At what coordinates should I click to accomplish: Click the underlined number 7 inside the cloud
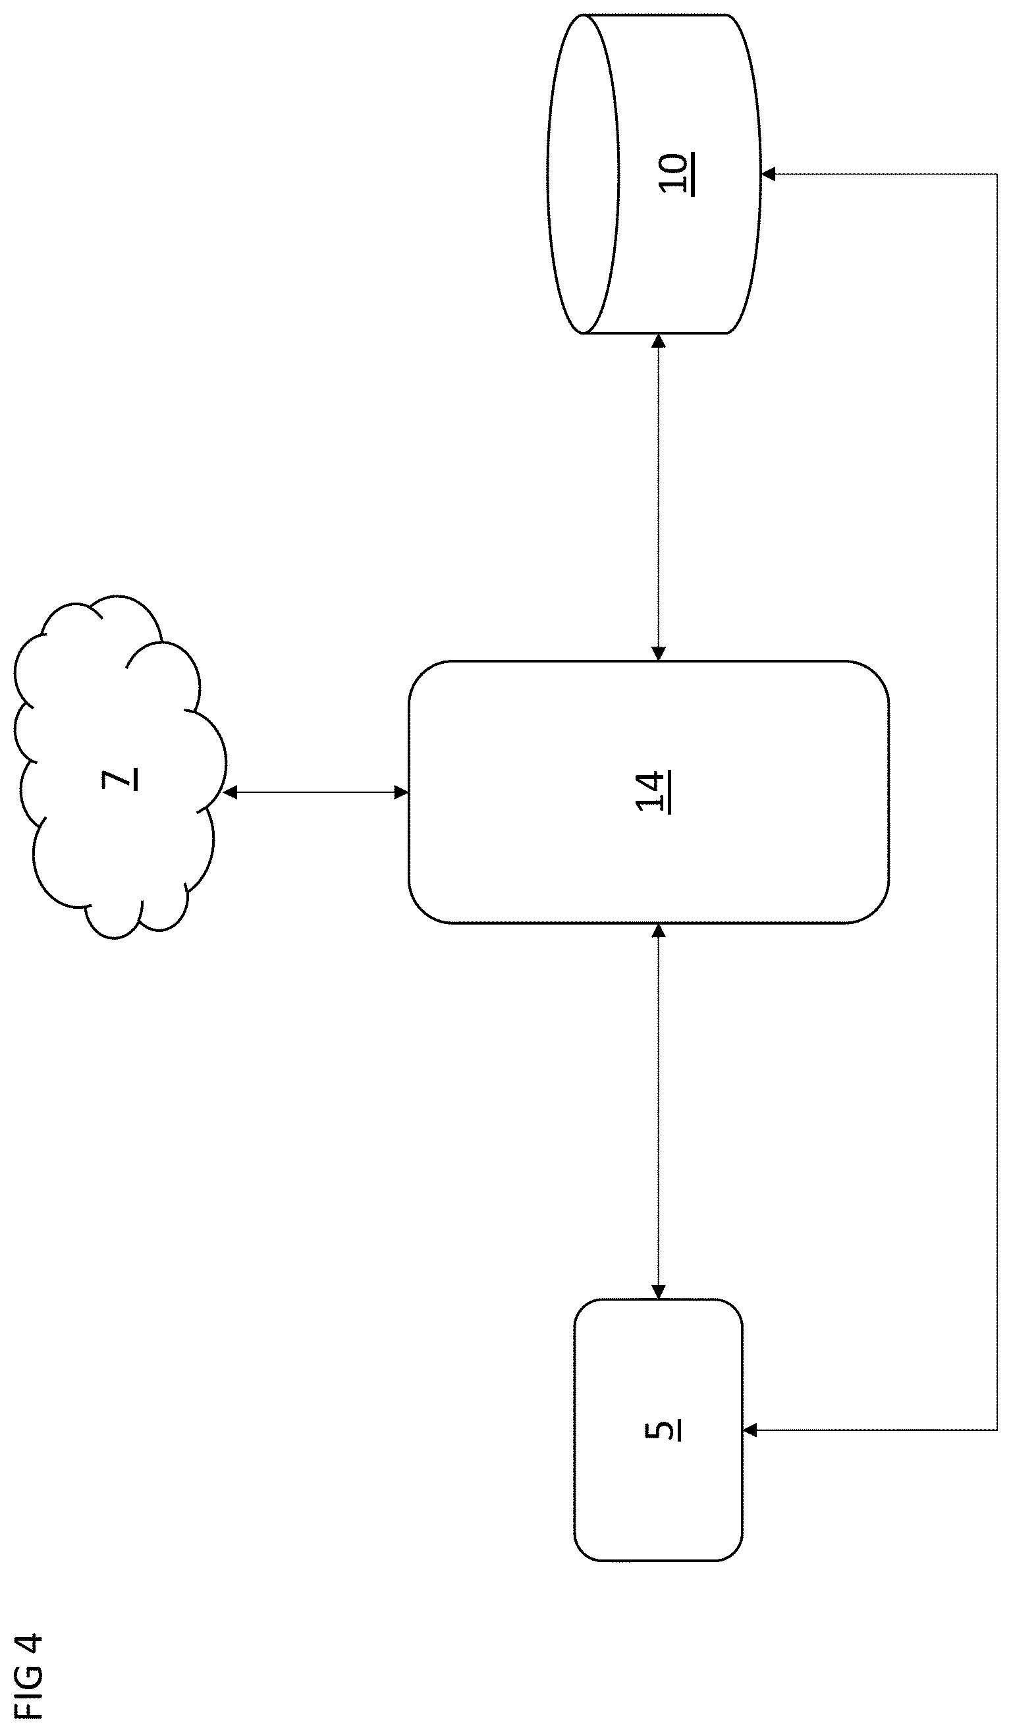tap(120, 778)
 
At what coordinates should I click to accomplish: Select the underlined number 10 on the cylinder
tap(675, 175)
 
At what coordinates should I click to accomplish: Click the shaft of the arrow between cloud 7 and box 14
tap(316, 792)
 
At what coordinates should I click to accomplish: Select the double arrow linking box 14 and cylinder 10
tap(659, 498)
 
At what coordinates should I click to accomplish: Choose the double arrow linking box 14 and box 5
tap(659, 1112)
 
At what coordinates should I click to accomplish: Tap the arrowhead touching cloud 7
tap(230, 792)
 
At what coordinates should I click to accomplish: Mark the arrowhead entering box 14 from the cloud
tap(402, 792)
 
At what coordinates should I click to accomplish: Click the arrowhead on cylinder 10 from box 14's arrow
tap(659, 341)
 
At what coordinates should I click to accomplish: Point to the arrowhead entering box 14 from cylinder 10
tap(659, 654)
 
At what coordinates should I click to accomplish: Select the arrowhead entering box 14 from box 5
tap(659, 931)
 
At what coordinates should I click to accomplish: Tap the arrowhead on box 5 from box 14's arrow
tap(659, 1291)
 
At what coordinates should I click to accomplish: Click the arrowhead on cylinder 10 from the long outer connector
tap(769, 175)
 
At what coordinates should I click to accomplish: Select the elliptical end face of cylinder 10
tap(584, 175)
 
